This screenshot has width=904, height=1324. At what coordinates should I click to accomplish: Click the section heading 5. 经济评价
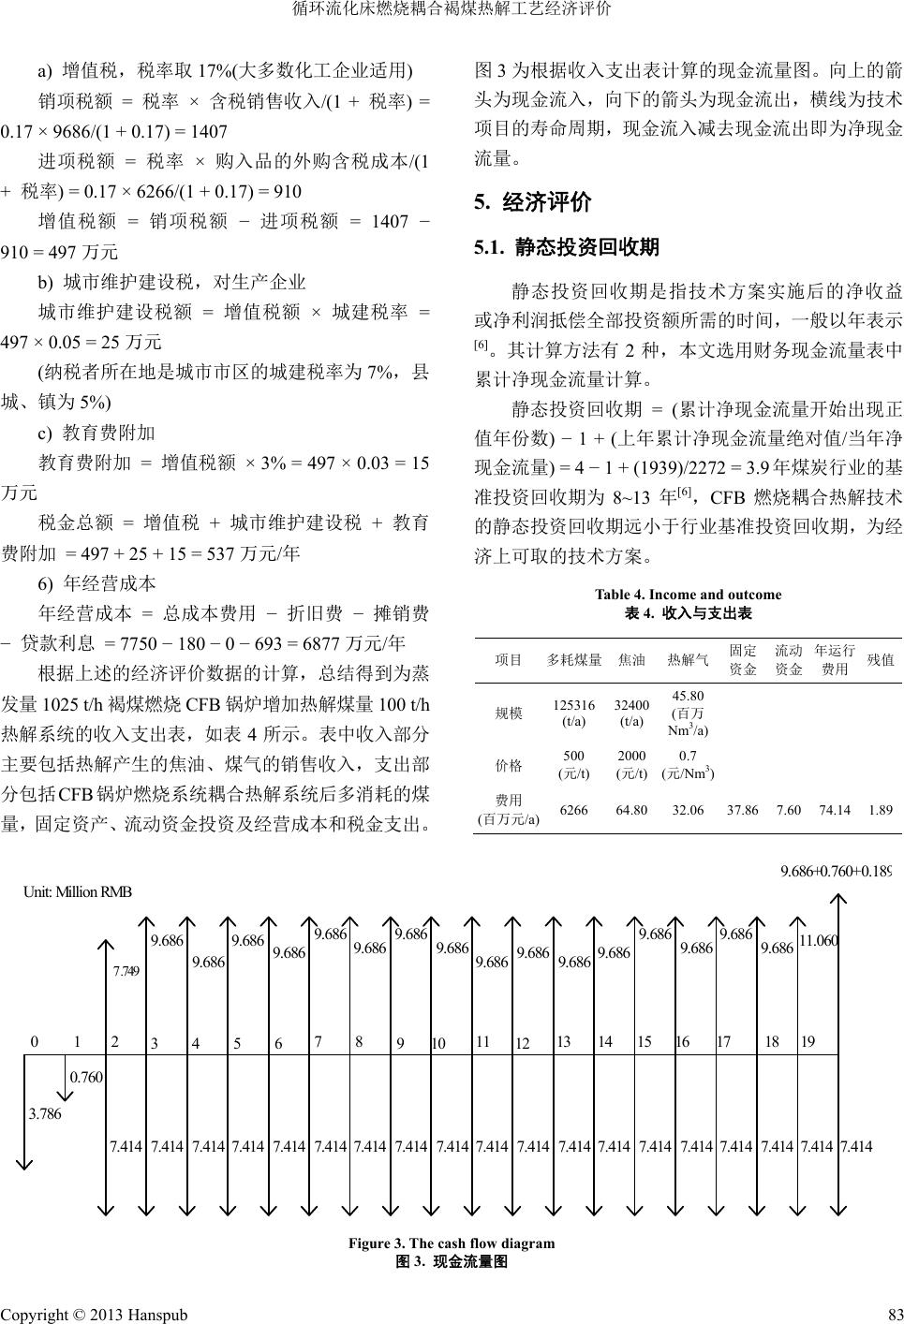pyautogui.click(x=533, y=202)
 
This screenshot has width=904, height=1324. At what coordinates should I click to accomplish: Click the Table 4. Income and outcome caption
pyautogui.click(x=688, y=595)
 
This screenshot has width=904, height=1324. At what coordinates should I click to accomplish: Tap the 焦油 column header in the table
pyautogui.click(x=632, y=660)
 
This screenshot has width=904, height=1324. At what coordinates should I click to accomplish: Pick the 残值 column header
pyautogui.click(x=881, y=660)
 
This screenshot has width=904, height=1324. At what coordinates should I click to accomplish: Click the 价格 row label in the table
pyautogui.click(x=509, y=765)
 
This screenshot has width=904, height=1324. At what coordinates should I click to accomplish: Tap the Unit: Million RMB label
pyautogui.click(x=77, y=890)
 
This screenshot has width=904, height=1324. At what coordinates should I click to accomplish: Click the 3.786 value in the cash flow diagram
pyautogui.click(x=44, y=1113)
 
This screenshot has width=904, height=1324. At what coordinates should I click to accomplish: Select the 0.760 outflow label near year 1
pyautogui.click(x=86, y=1077)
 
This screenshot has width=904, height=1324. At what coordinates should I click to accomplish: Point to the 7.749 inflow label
pyautogui.click(x=126, y=971)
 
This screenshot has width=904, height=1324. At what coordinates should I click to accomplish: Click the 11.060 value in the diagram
pyautogui.click(x=818, y=939)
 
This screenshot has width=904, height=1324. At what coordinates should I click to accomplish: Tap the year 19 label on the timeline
pyautogui.click(x=808, y=1041)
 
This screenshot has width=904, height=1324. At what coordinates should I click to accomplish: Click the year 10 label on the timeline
pyautogui.click(x=438, y=1043)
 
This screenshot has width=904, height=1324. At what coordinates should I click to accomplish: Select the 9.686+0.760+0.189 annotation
pyautogui.click(x=835, y=872)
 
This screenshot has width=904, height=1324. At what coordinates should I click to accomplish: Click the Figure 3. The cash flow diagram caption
pyautogui.click(x=452, y=1243)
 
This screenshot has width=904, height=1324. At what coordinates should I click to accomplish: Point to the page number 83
pyautogui.click(x=891, y=1314)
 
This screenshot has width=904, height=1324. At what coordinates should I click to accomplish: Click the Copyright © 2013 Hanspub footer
pyautogui.click(x=94, y=1314)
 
